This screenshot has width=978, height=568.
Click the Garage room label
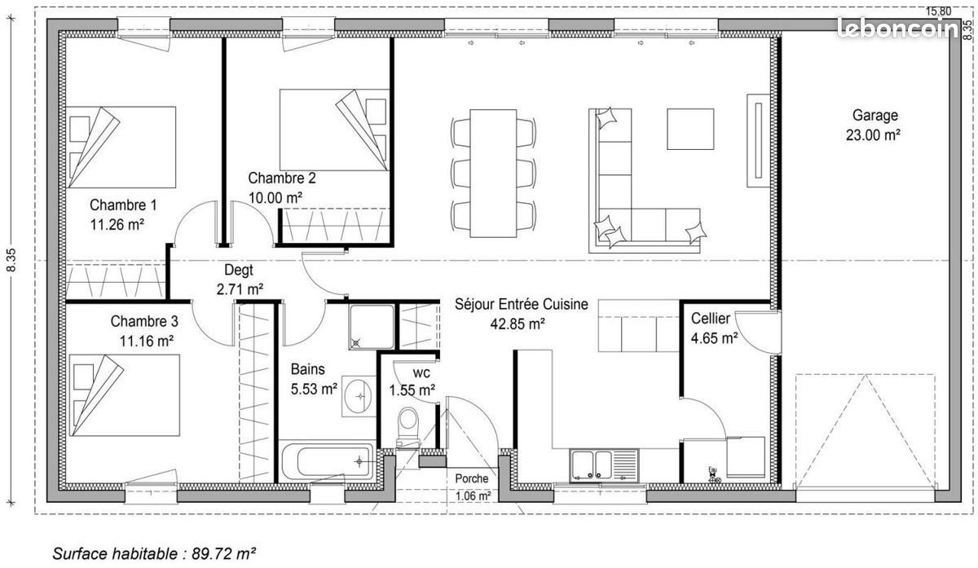(875, 115)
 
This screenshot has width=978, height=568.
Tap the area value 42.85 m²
(517, 324)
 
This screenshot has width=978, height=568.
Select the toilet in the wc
(408, 427)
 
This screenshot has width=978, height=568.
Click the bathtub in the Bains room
(327, 461)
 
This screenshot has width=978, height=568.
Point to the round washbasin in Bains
(358, 396)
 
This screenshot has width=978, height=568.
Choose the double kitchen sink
(604, 465)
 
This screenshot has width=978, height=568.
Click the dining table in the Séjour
(493, 174)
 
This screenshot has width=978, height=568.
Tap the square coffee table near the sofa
(690, 130)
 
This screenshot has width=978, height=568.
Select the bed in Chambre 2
(334, 130)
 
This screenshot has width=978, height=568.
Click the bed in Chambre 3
(125, 395)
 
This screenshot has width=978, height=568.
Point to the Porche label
(472, 478)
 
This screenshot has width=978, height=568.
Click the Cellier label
(711, 319)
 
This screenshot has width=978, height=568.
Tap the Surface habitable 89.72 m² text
(154, 553)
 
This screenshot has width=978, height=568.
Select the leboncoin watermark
(897, 29)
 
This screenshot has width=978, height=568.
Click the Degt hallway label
(238, 271)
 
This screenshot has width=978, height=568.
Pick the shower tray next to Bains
(372, 327)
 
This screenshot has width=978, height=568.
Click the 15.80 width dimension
(938, 11)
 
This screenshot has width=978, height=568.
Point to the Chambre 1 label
(123, 205)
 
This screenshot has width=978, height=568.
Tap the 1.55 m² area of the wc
(412, 390)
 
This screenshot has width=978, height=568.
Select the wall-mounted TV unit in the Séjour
(759, 141)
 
